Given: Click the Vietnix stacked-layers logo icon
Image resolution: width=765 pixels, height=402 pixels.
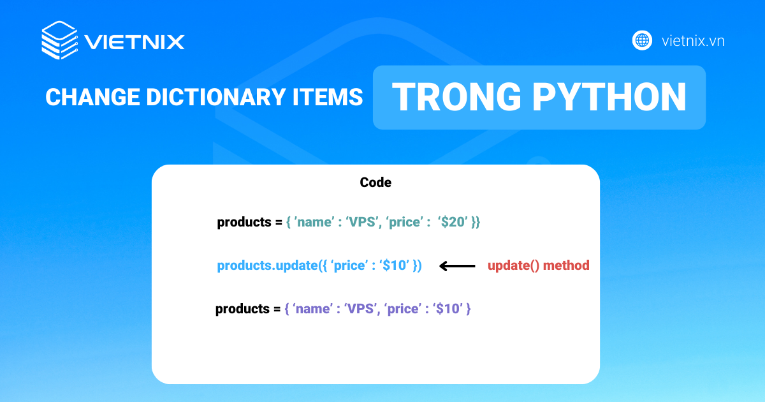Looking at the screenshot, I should (59, 41).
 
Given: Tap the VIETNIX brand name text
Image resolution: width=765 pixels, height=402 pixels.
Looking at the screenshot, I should (135, 42).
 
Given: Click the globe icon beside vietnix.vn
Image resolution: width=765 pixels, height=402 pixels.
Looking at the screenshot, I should (642, 41).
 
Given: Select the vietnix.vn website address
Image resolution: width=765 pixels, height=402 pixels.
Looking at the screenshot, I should (693, 41).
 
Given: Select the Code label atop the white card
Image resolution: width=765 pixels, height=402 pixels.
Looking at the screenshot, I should (375, 182).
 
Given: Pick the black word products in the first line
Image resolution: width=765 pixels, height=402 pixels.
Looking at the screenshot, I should (244, 223).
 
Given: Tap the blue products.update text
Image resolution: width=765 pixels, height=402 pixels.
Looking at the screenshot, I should (267, 265).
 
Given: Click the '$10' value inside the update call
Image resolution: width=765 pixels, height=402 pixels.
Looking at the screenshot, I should (394, 265).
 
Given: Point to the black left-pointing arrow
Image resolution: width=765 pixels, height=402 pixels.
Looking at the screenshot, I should (458, 266).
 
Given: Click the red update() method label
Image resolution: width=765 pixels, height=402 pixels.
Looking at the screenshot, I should (539, 265).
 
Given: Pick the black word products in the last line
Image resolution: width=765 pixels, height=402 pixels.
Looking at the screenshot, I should (242, 309).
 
